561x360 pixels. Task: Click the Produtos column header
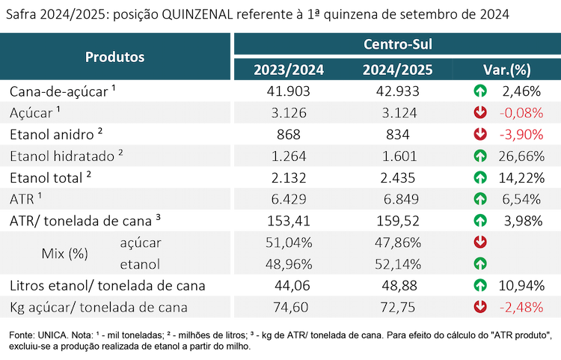(115, 57)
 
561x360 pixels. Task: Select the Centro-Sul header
(398, 44)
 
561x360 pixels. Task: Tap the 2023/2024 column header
(289, 70)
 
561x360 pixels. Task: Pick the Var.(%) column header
(507, 70)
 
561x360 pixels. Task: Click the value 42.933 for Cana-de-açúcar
(397, 91)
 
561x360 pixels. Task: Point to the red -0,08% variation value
(521, 113)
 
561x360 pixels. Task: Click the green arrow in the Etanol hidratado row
(480, 156)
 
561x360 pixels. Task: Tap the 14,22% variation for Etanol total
(521, 178)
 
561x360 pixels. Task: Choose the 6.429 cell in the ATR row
(289, 199)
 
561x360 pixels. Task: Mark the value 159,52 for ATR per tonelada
(398, 221)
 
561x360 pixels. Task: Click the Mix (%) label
(65, 254)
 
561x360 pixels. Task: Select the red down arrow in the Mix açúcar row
(480, 242)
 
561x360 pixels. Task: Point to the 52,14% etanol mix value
(398, 264)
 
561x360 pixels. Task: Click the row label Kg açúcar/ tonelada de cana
(99, 308)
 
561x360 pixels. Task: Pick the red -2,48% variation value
(521, 308)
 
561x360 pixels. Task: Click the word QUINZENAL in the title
(197, 15)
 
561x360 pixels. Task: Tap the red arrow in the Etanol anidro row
(480, 135)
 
